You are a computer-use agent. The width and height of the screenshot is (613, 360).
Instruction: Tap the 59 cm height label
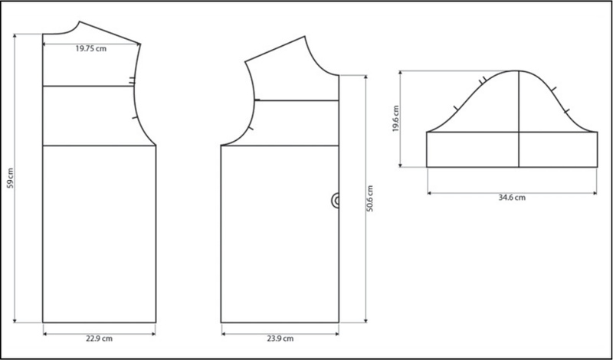[10, 184]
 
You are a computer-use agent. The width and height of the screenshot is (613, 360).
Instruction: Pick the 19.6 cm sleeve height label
[394, 119]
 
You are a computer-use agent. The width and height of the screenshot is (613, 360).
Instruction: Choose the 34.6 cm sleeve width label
[510, 197]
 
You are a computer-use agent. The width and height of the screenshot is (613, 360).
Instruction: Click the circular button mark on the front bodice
[336, 201]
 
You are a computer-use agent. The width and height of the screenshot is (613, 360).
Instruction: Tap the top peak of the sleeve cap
[520, 70]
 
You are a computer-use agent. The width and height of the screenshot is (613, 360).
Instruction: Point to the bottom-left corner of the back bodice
[44, 322]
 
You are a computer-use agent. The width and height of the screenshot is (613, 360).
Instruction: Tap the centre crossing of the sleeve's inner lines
[520, 133]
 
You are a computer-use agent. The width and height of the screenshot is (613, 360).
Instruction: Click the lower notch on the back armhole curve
[135, 118]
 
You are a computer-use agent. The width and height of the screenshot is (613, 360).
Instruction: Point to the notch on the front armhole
[256, 100]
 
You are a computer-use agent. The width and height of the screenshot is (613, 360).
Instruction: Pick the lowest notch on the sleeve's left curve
[454, 108]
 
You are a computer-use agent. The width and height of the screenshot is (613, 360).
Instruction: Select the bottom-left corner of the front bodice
[221, 322]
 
